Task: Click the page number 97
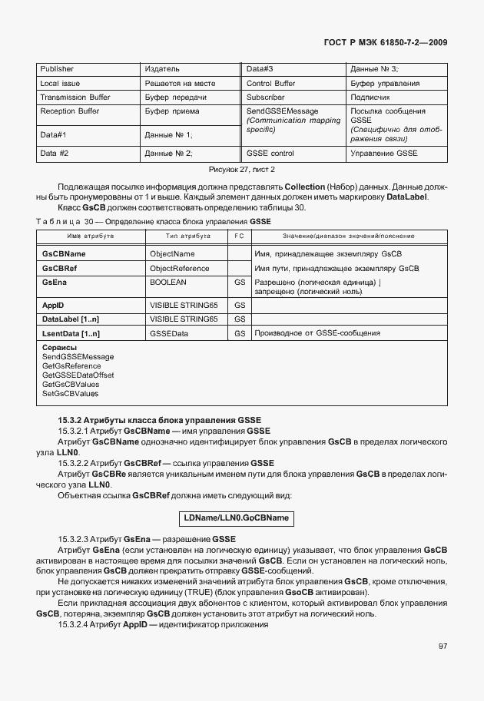[x=443, y=646]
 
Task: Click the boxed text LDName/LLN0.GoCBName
[x=236, y=518]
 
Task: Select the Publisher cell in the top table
[x=57, y=69]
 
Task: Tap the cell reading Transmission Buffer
[x=75, y=98]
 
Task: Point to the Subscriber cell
[x=265, y=98]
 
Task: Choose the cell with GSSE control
[x=270, y=154]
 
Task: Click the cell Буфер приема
[x=172, y=111]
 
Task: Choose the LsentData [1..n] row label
[x=71, y=333]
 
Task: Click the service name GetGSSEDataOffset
[x=78, y=375]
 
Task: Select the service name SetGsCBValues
[x=71, y=393]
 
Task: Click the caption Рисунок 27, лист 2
[x=242, y=169]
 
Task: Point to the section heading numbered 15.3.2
[x=160, y=420]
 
